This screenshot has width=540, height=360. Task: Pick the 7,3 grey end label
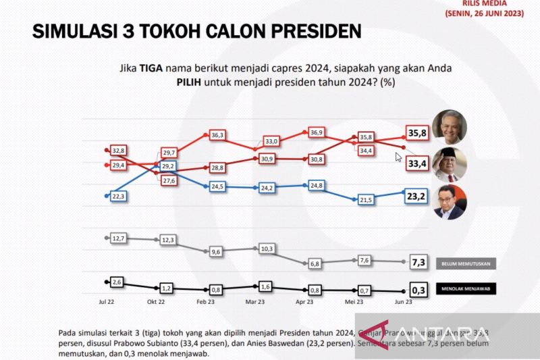click(418, 261)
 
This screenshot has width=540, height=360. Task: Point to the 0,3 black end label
click(418, 290)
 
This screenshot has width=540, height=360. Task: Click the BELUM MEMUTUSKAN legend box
click(466, 263)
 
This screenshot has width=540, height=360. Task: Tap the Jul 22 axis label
click(107, 302)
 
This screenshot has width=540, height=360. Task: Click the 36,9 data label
click(317, 132)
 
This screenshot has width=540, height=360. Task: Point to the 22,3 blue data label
click(119, 195)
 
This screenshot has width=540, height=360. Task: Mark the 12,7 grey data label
click(119, 238)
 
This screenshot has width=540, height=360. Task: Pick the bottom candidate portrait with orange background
click(448, 201)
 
